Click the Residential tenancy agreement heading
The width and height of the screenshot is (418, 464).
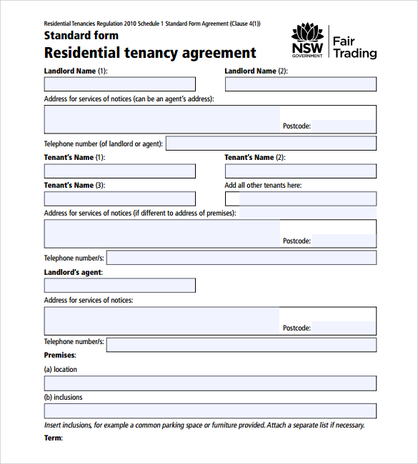click(x=150, y=53)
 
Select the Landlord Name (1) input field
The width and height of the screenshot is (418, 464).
click(x=119, y=84)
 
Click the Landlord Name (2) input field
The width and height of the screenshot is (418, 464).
click(x=300, y=84)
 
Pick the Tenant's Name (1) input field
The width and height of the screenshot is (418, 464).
click(x=119, y=171)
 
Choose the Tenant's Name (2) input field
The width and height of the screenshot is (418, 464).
click(x=300, y=171)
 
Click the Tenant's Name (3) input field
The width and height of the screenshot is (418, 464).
click(x=119, y=198)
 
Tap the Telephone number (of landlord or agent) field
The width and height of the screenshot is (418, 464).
click(x=271, y=143)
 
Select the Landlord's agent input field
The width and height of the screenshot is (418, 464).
click(x=119, y=286)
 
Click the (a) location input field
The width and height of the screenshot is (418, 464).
click(x=210, y=383)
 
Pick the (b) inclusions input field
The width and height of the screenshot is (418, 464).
click(x=210, y=410)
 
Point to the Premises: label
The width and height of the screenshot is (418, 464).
click(x=60, y=355)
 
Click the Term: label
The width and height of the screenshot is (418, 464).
click(x=54, y=438)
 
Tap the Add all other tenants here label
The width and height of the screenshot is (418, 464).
click(x=263, y=186)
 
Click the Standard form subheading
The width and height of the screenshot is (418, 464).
click(x=76, y=36)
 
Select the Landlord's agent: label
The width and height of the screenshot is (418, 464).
click(x=74, y=273)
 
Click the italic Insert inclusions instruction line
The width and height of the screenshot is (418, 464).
click(x=204, y=425)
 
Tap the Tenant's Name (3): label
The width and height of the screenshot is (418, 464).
click(x=74, y=186)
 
